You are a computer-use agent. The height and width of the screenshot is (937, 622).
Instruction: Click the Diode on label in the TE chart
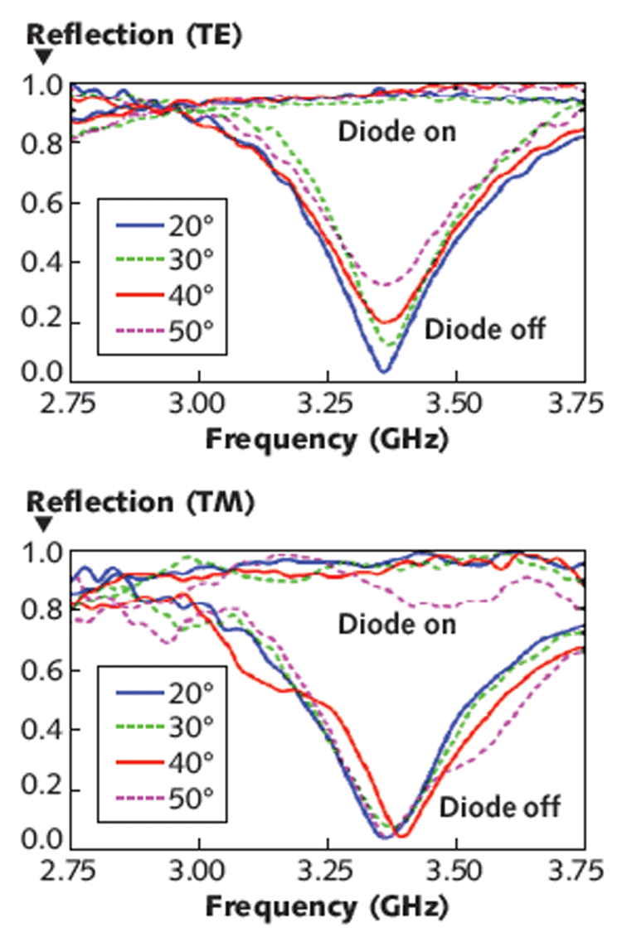tap(396, 132)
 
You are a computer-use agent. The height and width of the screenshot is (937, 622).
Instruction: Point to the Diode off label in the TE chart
tap(485, 329)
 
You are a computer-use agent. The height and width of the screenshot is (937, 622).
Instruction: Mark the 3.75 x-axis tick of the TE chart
tap(585, 405)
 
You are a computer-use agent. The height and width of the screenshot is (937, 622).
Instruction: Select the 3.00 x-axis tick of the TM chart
tap(199, 872)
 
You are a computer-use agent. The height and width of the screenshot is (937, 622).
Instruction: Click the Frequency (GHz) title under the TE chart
tap(327, 439)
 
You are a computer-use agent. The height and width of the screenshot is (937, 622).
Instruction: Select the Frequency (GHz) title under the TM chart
tap(327, 906)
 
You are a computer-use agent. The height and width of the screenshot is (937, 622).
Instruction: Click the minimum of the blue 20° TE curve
tap(383, 369)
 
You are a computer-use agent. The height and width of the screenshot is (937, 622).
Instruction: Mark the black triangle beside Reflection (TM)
tap(45, 524)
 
